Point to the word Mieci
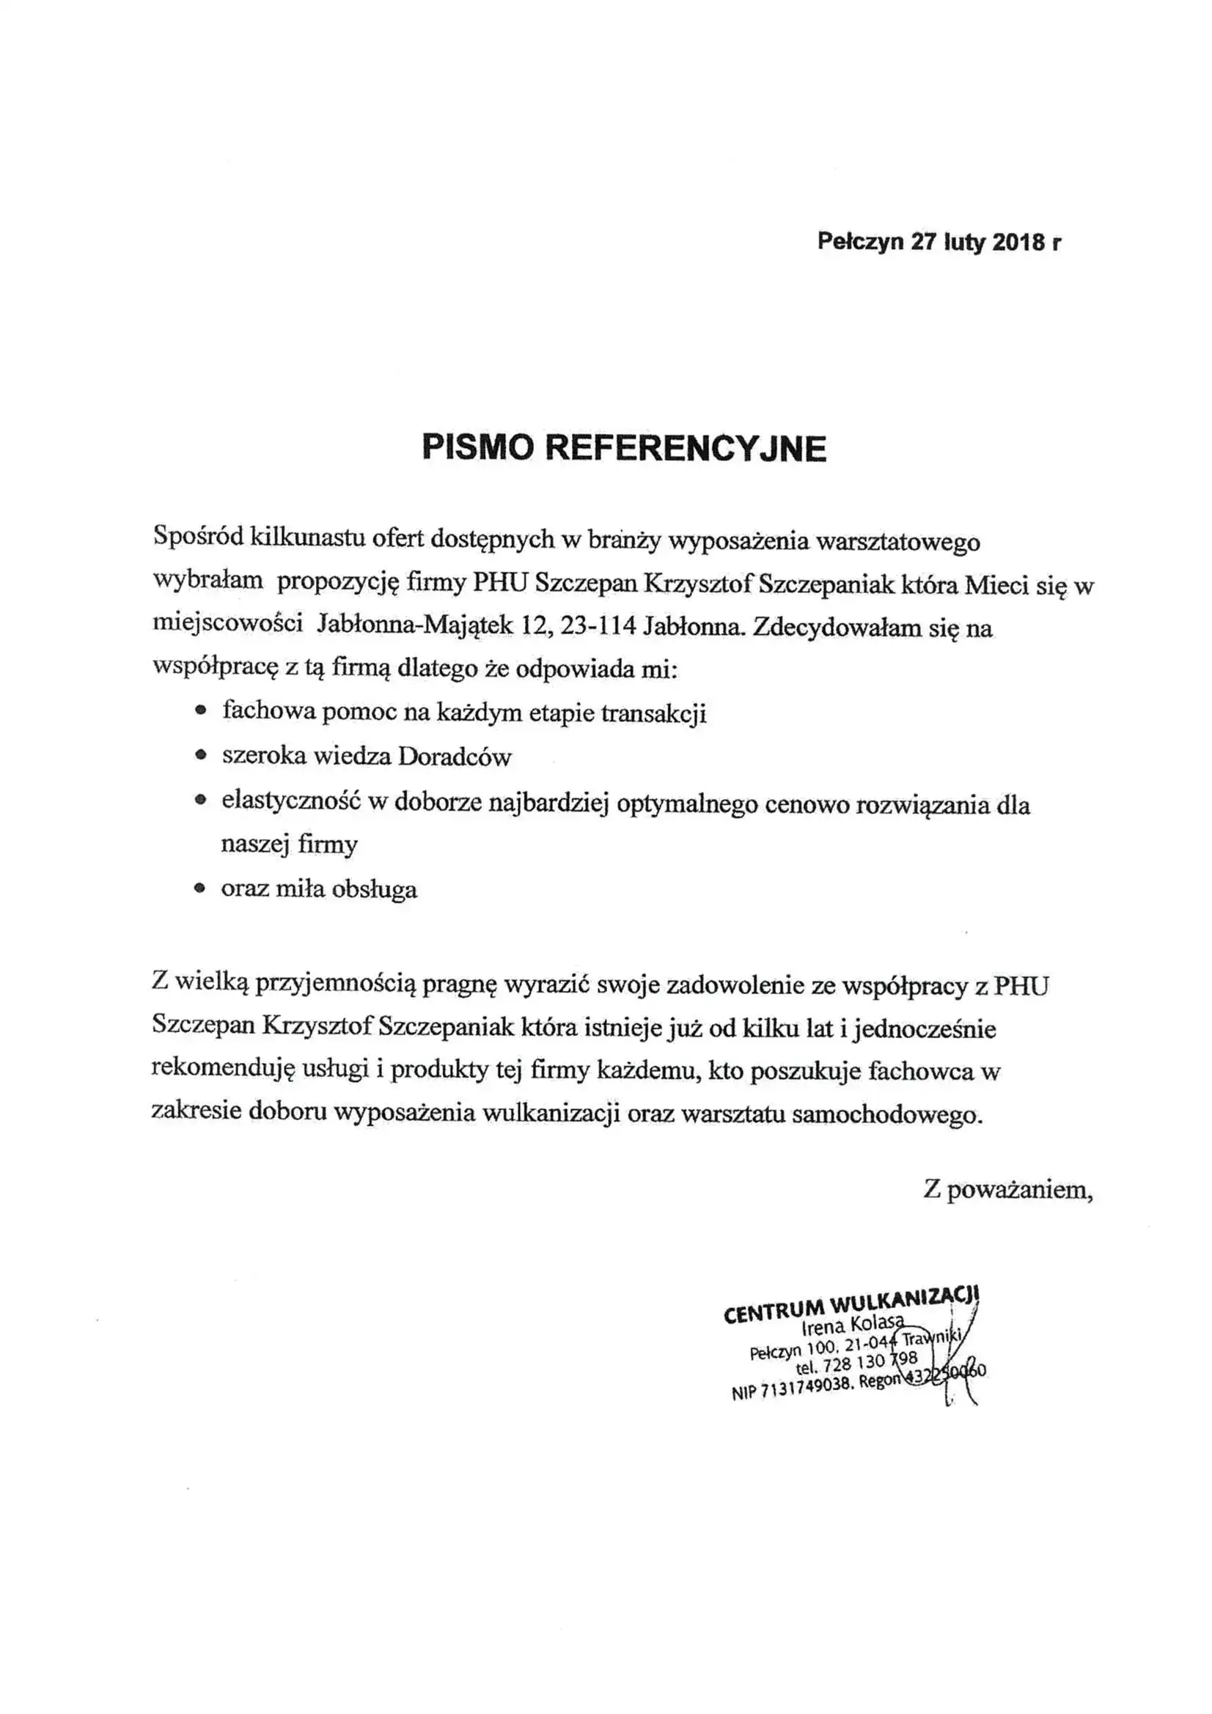pyautogui.click(x=996, y=584)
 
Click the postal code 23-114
pyautogui.click(x=598, y=625)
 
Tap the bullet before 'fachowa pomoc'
pyautogui.click(x=199, y=712)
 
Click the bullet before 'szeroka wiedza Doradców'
pyautogui.click(x=199, y=757)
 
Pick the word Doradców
pyautogui.click(x=455, y=757)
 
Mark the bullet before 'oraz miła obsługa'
pyautogui.click(x=199, y=889)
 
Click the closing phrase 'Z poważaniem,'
pyautogui.click(x=1008, y=1189)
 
